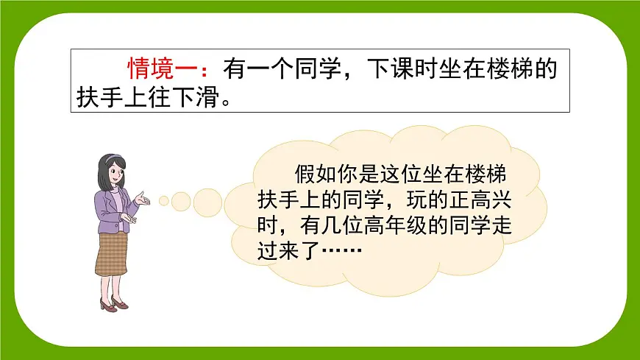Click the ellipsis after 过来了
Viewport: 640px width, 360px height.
click(339, 253)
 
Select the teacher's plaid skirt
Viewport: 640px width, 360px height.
click(111, 255)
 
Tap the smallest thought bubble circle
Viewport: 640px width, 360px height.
click(164, 200)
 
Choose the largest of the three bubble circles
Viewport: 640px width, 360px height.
click(207, 202)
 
